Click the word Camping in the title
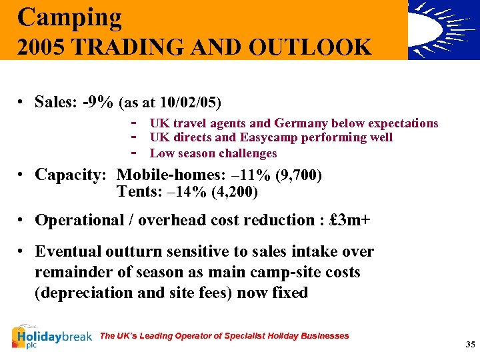coord(70,17)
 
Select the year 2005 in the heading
coord(41,47)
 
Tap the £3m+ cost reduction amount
coord(349,220)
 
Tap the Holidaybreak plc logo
coord(51,337)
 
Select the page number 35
coord(470,345)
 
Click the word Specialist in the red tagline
coord(237,336)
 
